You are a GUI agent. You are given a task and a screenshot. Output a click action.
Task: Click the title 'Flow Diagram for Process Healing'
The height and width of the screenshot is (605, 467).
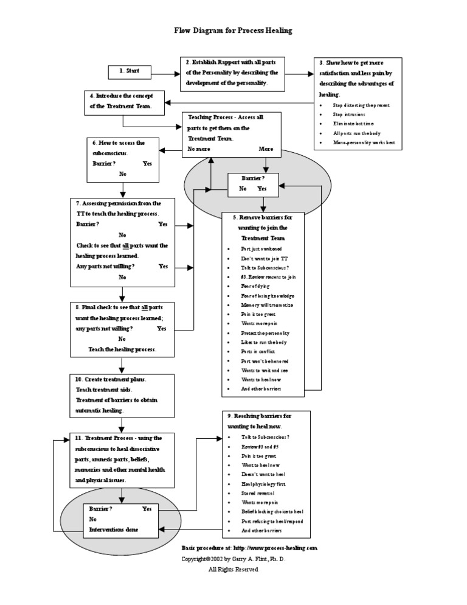click(x=233, y=30)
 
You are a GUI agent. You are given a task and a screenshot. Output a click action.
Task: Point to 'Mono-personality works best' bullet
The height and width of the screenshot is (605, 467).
click(x=364, y=142)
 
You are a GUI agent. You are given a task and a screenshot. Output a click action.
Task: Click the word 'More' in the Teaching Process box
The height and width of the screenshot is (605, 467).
click(x=266, y=149)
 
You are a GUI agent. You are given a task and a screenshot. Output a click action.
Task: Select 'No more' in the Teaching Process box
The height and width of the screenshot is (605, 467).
click(x=200, y=149)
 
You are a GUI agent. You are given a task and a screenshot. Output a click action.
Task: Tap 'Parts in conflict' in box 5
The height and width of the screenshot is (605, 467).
click(x=258, y=351)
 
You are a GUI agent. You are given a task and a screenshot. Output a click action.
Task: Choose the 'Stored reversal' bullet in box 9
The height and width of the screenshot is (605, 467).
click(x=258, y=493)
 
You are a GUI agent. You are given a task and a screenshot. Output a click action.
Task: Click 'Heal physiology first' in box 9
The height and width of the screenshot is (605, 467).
click(x=263, y=484)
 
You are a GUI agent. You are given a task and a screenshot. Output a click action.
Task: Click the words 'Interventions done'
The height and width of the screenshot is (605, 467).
click(x=114, y=530)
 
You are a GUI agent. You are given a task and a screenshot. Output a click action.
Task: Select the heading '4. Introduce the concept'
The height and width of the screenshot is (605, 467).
click(x=121, y=96)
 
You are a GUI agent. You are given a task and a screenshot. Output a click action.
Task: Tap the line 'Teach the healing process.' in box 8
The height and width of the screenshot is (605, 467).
click(x=122, y=350)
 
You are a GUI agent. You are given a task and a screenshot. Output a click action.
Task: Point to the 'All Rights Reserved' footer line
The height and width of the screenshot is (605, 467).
click(x=233, y=570)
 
